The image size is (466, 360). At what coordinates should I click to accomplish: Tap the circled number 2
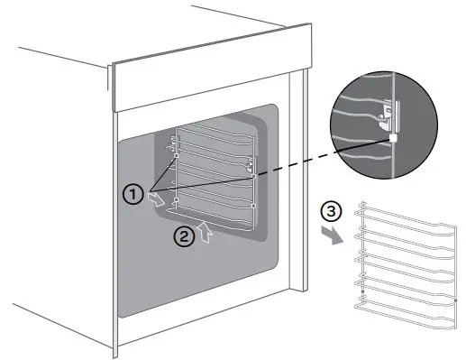click(x=183, y=237)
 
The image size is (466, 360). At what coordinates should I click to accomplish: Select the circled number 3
click(x=331, y=214)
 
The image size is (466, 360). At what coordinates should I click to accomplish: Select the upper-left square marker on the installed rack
click(x=177, y=156)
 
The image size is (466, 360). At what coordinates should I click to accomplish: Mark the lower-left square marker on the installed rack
click(x=177, y=198)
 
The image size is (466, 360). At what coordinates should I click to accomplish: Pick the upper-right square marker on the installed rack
click(x=254, y=177)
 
